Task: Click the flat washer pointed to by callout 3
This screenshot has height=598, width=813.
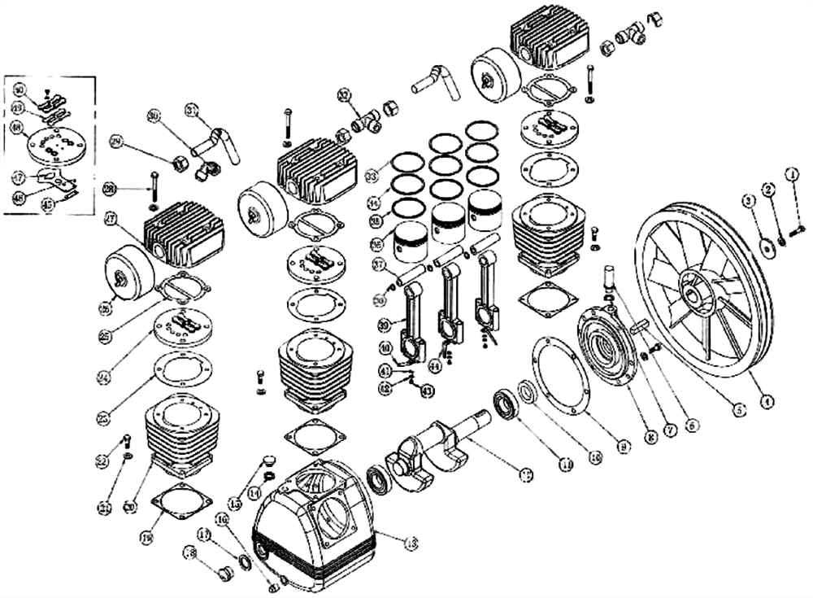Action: click(x=766, y=245)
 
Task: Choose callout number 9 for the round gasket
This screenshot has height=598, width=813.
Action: click(x=624, y=445)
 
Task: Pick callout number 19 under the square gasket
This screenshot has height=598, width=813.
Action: click(x=147, y=537)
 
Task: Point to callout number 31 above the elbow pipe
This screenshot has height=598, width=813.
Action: click(x=192, y=110)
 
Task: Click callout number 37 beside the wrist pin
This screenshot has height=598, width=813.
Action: click(x=377, y=264)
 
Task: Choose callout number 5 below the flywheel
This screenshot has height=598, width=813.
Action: click(x=737, y=410)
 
